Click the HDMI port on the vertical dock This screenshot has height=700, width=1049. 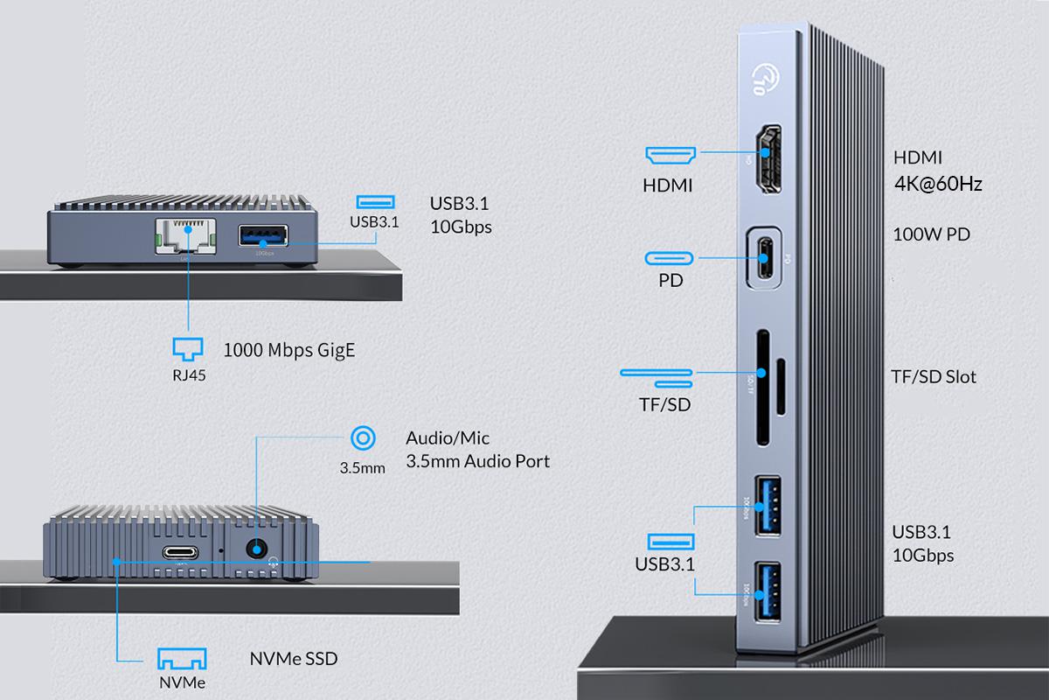point(767,159)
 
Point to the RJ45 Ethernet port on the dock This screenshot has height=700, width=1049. point(186,237)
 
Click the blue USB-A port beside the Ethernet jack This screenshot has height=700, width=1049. point(262,237)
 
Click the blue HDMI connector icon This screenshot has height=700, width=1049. point(670,156)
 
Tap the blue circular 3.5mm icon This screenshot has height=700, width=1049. point(362,438)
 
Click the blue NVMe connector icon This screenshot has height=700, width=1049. point(182,658)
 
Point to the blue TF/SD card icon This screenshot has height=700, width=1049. point(656,376)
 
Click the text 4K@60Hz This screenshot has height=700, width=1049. point(937,185)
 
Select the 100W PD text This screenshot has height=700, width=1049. point(931,234)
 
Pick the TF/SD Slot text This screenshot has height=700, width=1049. point(934,377)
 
